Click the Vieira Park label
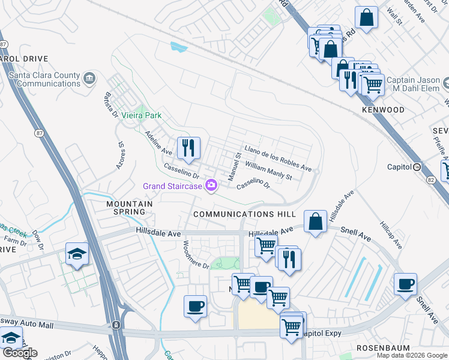click(142, 115)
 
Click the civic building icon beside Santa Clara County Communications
click(89, 77)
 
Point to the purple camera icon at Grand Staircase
click(211, 185)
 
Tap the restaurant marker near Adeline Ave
click(188, 148)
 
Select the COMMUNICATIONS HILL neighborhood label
click(244, 214)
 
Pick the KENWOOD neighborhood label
click(383, 110)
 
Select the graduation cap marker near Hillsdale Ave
click(77, 254)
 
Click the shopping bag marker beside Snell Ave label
click(315, 222)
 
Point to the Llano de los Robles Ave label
click(277, 158)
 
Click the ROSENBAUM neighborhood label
click(383, 347)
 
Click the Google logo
click(20, 353)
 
